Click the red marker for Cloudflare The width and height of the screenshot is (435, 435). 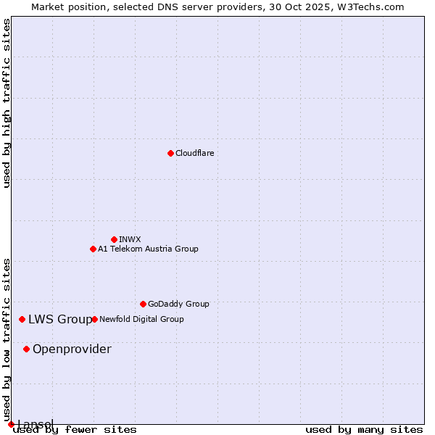click(170, 153)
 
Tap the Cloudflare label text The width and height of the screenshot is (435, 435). click(194, 153)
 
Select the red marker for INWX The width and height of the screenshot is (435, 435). click(114, 239)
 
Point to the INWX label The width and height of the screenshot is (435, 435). click(130, 239)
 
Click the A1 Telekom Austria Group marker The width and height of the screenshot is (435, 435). click(93, 249)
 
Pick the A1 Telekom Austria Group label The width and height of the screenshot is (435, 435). click(148, 249)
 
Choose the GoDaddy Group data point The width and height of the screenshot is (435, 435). click(143, 304)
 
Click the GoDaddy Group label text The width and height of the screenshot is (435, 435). click(178, 304)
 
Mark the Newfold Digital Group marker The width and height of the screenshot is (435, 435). click(94, 319)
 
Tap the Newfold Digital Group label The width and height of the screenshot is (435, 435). click(141, 319)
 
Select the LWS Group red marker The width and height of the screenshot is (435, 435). click(22, 319)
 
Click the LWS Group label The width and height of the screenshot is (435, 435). click(60, 319)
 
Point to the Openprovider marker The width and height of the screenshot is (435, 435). click(27, 349)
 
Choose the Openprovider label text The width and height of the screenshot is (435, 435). click(72, 349)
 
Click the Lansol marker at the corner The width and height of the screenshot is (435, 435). click(11, 424)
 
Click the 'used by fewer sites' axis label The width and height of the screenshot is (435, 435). click(75, 429)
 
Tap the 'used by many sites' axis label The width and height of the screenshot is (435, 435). click(364, 429)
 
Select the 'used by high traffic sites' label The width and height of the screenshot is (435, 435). click(7, 103)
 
